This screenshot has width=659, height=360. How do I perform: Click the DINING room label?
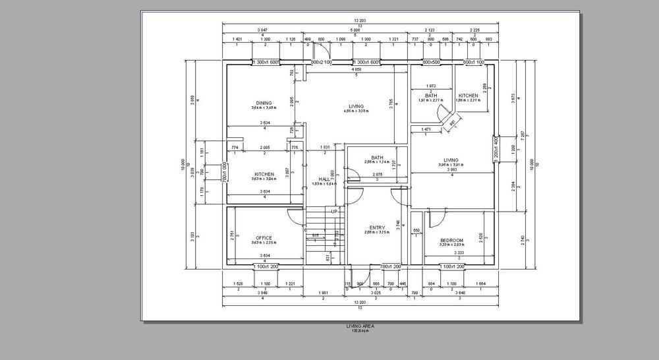pos(264,103)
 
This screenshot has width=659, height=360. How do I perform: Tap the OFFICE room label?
pos(264,238)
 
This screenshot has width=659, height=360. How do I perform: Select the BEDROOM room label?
pos(452,240)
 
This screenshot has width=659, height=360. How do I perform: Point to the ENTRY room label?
pos(377,228)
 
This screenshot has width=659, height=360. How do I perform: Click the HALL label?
pos(324,179)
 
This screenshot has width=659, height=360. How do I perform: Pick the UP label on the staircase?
pos(335,212)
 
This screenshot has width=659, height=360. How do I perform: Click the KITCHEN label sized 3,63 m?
pos(264,174)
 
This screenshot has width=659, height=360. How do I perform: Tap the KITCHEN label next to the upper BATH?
pos(468,96)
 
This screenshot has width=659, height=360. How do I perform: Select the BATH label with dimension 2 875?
pos(377,158)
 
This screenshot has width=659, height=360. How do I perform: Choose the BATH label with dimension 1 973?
pos(431,96)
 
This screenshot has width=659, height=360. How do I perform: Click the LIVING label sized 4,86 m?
pos(357,106)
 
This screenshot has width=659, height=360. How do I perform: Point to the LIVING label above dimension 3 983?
pos(451,160)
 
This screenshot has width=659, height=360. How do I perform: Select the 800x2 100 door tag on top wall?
pos(321,62)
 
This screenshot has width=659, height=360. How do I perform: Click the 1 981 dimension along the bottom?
pos(322,292)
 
